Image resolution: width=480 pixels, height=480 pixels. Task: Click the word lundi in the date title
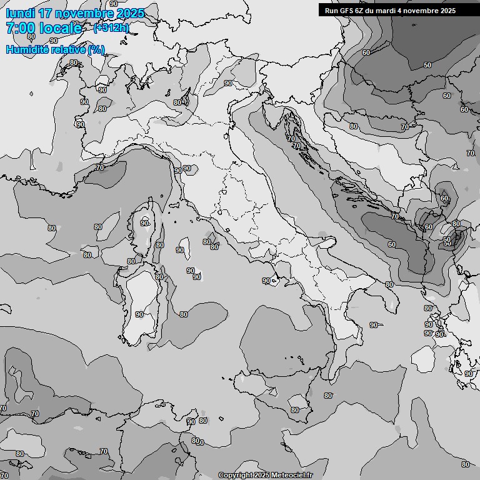tap(21, 14)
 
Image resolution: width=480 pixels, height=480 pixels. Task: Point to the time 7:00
tap(21, 29)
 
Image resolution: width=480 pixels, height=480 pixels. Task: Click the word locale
tap(61, 29)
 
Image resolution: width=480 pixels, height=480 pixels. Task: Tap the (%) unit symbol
tap(96, 50)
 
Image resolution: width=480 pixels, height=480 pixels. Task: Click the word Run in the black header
tap(331, 11)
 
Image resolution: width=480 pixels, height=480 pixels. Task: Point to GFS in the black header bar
tap(347, 11)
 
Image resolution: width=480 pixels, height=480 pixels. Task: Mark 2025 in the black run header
tap(444, 11)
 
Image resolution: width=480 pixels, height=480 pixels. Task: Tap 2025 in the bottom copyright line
tap(262, 476)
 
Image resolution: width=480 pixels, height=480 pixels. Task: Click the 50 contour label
tap(427, 66)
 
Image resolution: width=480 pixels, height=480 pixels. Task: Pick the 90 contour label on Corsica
tap(144, 223)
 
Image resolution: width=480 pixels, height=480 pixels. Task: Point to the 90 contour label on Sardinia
tap(139, 314)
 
